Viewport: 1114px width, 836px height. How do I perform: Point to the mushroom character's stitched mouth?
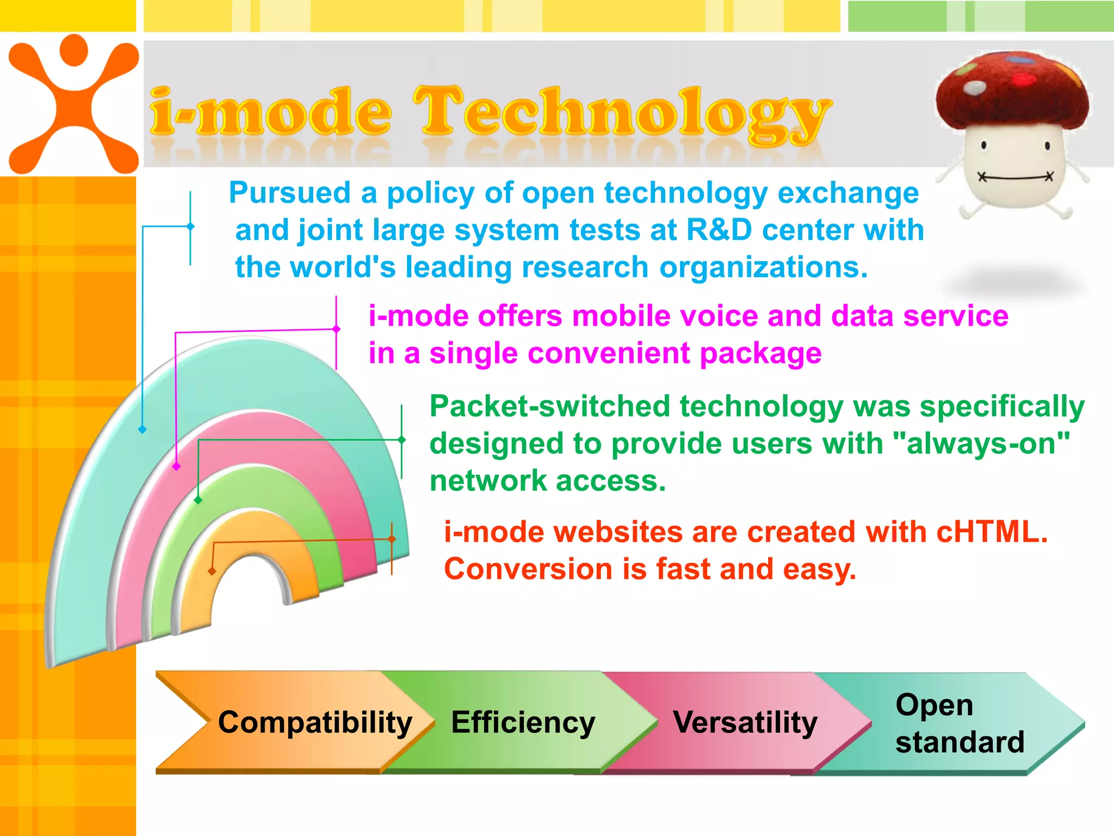coord(1015,177)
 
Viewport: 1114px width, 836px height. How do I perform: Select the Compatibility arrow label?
coord(315,723)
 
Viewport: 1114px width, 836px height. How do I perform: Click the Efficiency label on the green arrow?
coord(523,723)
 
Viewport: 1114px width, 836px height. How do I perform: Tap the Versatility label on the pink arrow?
coord(745,723)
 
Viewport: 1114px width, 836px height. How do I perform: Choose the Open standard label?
coord(960,723)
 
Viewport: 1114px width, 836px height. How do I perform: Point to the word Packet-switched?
coord(549,407)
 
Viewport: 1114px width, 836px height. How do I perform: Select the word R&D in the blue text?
coord(719,230)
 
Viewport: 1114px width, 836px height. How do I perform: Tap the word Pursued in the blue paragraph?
coord(289,193)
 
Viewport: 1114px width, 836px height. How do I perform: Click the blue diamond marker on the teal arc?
coord(143,429)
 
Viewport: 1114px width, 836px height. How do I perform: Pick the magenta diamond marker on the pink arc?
coord(176,466)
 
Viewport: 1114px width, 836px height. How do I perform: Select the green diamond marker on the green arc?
coord(198,500)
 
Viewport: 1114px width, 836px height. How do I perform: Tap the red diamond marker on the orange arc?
coord(212,571)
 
